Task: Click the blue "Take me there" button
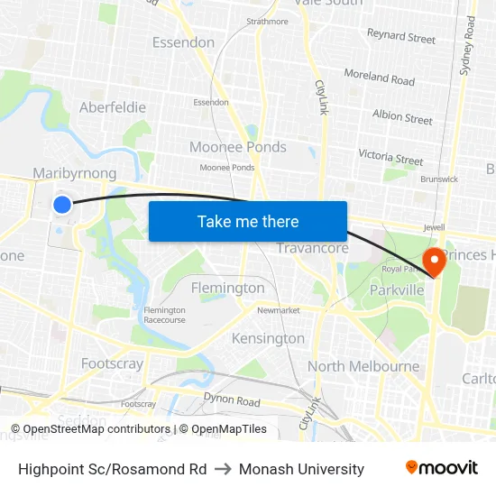[248, 221]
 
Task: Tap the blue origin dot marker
[62, 205]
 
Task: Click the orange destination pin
[434, 262]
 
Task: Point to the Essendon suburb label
[183, 42]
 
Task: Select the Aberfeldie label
[113, 107]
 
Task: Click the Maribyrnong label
[74, 172]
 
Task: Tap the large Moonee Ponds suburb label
[238, 147]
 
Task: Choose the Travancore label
[312, 248]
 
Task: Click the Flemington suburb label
[228, 288]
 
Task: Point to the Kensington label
[268, 338]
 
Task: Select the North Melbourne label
[363, 366]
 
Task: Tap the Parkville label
[397, 290]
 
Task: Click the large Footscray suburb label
[112, 363]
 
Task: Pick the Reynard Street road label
[400, 37]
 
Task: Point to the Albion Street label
[402, 117]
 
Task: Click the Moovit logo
[441, 468]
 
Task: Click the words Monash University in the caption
[301, 469]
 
